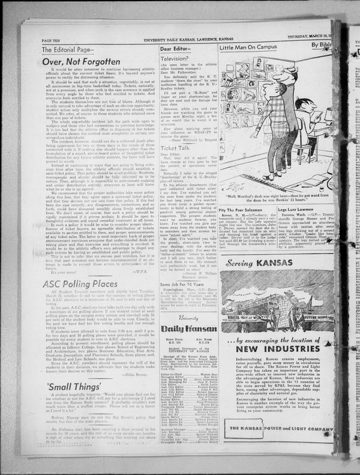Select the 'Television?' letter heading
coord(175,59)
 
